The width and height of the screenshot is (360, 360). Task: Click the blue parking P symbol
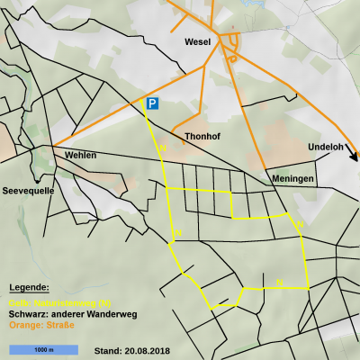[x=152, y=103]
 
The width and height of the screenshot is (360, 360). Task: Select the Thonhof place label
[x=202, y=137]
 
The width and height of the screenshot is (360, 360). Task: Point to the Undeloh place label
[x=325, y=147]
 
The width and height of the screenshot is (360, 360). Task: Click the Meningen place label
[x=292, y=179]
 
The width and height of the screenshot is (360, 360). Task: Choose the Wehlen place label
[x=80, y=155]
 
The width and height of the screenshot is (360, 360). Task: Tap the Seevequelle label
[x=29, y=191]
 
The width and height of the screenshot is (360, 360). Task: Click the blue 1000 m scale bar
[x=43, y=348]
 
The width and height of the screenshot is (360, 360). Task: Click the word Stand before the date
[x=107, y=349]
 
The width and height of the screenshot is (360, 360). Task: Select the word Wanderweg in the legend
[x=112, y=313]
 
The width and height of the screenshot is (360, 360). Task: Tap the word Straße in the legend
[x=60, y=324]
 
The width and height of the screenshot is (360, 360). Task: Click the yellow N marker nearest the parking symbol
[x=161, y=147]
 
